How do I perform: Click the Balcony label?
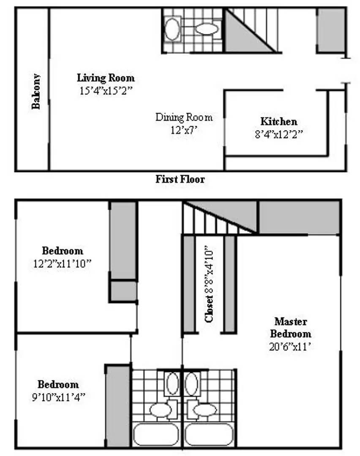(x=36, y=91)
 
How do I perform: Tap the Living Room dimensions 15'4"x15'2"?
(x=106, y=91)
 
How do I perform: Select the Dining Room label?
(x=184, y=117)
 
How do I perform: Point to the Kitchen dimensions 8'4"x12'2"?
(x=279, y=134)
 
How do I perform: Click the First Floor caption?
(x=180, y=179)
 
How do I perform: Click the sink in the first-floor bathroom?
(x=172, y=29)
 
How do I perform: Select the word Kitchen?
(x=279, y=121)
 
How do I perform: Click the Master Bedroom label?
(x=290, y=328)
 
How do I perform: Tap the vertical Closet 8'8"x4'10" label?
(x=210, y=285)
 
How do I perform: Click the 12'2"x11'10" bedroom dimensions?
(x=62, y=263)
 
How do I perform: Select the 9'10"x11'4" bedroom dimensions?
(x=58, y=397)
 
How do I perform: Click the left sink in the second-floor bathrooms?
(x=172, y=383)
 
